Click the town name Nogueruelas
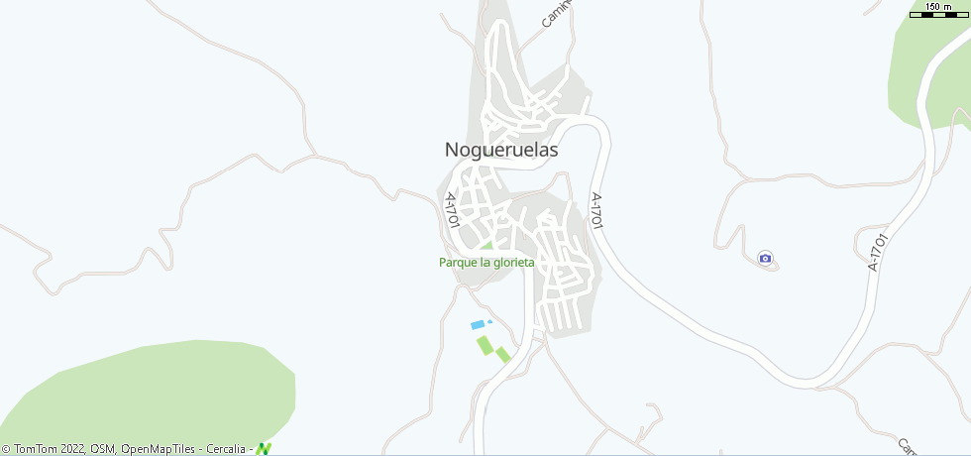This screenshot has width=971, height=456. tap(501, 151)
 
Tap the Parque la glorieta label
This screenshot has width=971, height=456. tap(486, 263)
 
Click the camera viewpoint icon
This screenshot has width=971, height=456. tap(765, 259)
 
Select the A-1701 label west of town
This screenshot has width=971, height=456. tap(454, 210)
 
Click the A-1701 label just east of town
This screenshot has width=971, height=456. tap(596, 211)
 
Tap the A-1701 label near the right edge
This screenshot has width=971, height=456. tap(875, 252)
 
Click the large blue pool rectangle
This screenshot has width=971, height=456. tap(478, 325)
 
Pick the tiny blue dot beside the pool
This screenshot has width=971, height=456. tap(489, 321)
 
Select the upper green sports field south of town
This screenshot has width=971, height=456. tap(485, 345)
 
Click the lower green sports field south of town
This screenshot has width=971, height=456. tap(503, 354)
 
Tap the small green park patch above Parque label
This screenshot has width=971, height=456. tap(486, 246)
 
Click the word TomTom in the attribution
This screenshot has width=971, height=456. tap(33, 449)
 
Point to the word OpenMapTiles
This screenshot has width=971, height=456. tap(160, 449)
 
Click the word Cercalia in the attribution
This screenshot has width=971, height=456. tap(226, 449)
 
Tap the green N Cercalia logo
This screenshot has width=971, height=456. tap(264, 448)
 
